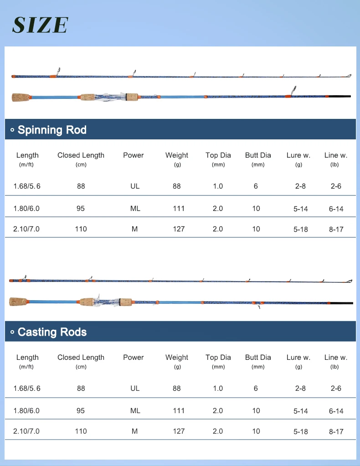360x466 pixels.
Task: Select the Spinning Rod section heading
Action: [x=52, y=130]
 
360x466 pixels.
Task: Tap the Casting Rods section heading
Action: [x=52, y=332]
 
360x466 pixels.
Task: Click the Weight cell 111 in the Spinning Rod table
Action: [x=179, y=208]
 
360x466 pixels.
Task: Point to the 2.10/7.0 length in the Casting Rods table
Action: [x=27, y=431]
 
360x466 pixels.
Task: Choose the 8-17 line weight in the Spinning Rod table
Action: [x=336, y=229]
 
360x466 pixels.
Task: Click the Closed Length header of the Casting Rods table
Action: [x=81, y=358]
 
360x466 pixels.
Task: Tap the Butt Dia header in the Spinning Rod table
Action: [x=258, y=155]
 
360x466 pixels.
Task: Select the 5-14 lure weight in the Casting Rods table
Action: [x=301, y=411]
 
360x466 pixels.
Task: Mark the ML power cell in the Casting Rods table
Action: [x=135, y=410]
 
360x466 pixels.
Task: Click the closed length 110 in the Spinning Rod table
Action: [x=81, y=229]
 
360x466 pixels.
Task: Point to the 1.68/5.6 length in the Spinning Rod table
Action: [x=27, y=186]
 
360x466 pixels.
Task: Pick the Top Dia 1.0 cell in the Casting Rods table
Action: [x=218, y=388]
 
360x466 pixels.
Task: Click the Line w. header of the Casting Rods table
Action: [x=335, y=358]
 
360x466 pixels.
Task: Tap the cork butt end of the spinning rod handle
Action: [x=20, y=97]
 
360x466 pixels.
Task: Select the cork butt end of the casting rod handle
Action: [x=19, y=302]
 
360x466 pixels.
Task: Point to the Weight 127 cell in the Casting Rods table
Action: [x=179, y=431]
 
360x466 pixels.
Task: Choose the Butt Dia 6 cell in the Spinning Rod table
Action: [x=256, y=186]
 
